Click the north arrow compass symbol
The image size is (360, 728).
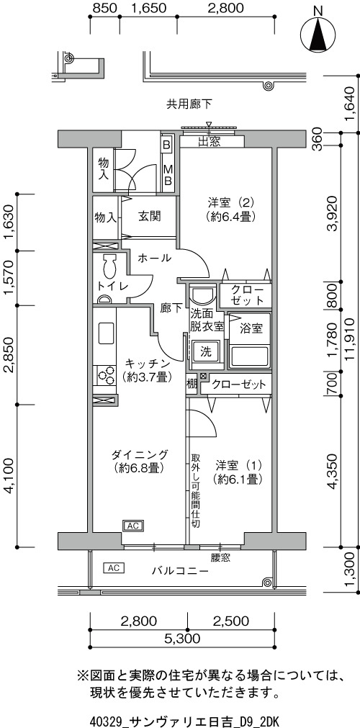tap(318, 35)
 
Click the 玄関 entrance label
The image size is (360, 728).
tap(149, 216)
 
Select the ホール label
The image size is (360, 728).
tap(155, 258)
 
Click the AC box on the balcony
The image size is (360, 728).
tap(114, 567)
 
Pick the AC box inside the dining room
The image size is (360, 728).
tap(133, 526)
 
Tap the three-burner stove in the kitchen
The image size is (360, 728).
tap(106, 375)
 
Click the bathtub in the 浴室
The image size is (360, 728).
tap(249, 357)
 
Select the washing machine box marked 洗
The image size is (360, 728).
tap(205, 352)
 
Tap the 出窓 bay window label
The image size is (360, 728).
tap(209, 142)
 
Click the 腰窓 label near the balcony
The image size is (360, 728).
tap(220, 557)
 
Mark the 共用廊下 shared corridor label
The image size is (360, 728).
tap(189, 104)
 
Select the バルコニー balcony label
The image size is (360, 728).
tap(180, 570)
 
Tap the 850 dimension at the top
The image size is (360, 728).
tap(104, 8)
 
